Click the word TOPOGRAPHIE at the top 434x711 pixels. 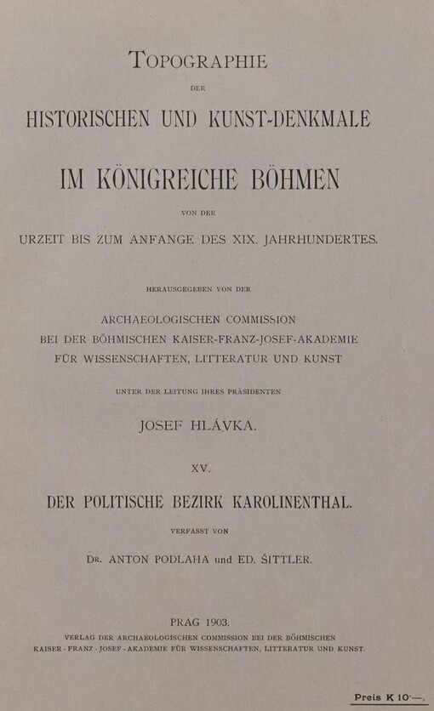click(x=197, y=60)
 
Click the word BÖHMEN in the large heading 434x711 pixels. click(x=292, y=180)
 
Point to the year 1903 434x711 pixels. click(x=226, y=622)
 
